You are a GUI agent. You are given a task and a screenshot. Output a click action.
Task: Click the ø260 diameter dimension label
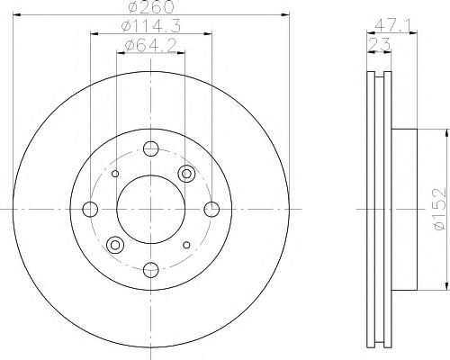point(151,7)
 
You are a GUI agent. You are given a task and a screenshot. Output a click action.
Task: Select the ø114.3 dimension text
point(151,27)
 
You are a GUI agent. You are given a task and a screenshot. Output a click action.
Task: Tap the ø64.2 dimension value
point(151,46)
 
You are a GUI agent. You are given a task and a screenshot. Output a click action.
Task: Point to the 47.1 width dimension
point(392,26)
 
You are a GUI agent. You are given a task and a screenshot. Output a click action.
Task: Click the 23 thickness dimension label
point(379,44)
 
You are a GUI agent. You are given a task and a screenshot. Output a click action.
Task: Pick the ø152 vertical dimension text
point(440,209)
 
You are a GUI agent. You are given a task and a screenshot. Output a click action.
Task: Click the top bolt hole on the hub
point(151,148)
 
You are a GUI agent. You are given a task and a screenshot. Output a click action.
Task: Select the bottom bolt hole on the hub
point(151,270)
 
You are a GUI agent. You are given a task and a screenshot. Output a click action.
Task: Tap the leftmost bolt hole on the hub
point(90,209)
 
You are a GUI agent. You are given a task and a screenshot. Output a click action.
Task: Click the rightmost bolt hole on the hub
point(211,209)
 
